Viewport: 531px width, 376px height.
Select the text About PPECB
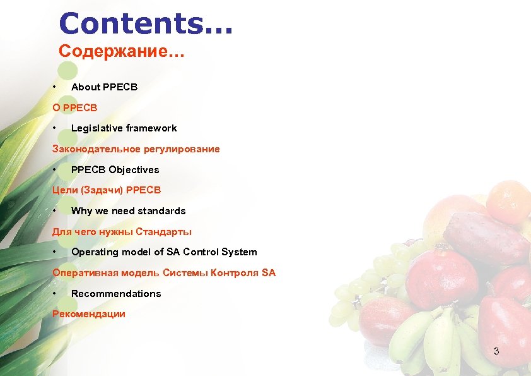(x=104, y=87)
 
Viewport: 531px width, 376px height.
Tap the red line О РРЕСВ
(x=74, y=107)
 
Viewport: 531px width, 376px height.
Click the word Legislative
(x=96, y=128)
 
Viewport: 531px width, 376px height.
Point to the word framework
(x=151, y=128)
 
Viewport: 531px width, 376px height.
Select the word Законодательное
(x=93, y=149)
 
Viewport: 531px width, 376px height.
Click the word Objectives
(x=134, y=170)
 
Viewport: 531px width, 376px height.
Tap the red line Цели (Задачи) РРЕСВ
(x=107, y=190)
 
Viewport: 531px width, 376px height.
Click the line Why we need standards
(x=128, y=211)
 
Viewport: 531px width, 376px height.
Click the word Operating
(x=95, y=252)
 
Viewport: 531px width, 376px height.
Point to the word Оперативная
(x=80, y=273)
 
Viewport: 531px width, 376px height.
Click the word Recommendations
(x=116, y=294)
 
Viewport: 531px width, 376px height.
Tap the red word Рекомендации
(x=89, y=314)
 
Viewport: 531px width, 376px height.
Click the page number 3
(x=496, y=351)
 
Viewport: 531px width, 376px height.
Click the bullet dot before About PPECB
(x=55, y=87)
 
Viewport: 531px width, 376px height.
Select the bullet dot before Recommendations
(x=55, y=294)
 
